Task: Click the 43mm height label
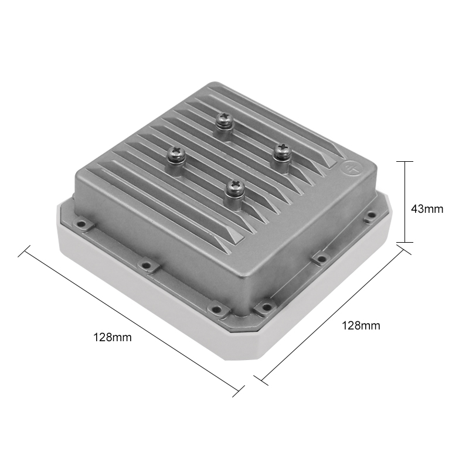427,208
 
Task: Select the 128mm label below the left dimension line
113,337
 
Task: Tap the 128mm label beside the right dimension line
361,325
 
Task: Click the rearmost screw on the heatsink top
224,120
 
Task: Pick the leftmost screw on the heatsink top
175,154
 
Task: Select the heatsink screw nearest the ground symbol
282,152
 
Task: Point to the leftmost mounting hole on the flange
81,225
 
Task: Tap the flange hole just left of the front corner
216,307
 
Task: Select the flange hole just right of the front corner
266,307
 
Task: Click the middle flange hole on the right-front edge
321,257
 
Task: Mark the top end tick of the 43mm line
405,161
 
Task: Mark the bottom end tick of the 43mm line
405,242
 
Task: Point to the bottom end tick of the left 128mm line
238,392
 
